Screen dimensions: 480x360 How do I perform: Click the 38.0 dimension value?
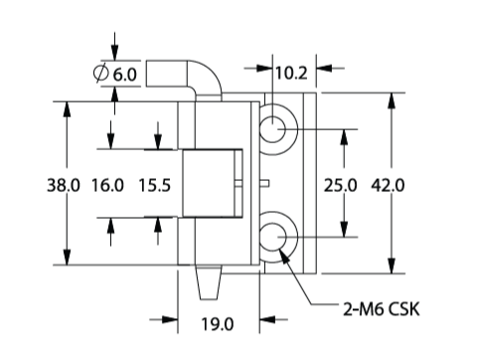click(x=64, y=185)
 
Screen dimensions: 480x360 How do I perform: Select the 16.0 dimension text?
click(x=107, y=185)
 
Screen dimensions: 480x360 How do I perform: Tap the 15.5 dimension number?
click(x=155, y=185)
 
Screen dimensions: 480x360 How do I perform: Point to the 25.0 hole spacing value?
click(x=340, y=185)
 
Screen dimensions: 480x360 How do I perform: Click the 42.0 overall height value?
click(x=388, y=185)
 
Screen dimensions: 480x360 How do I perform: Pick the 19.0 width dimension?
click(x=218, y=324)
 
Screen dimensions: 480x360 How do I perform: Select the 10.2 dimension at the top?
click(x=291, y=73)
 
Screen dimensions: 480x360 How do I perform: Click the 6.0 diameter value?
click(x=125, y=75)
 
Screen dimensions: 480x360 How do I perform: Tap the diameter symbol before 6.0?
click(x=100, y=73)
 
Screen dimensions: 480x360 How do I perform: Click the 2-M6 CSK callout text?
click(x=381, y=309)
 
